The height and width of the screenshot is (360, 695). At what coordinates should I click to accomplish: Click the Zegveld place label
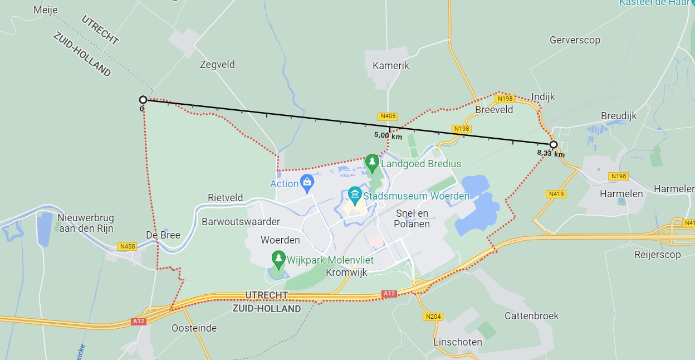coord(217,65)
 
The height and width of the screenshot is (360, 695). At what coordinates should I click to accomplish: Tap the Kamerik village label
coord(390,66)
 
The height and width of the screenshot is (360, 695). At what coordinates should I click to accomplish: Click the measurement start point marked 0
coord(143,100)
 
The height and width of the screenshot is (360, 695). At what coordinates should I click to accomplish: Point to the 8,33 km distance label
coord(551,154)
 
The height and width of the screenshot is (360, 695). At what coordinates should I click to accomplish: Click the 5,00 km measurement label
coord(388,135)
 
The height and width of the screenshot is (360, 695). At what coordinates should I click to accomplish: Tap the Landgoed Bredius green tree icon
coord(372,163)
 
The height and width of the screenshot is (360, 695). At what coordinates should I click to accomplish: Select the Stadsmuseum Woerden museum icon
coord(354,194)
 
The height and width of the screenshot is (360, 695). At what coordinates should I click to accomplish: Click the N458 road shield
coord(127,246)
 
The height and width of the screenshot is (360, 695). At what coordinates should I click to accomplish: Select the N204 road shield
coord(433,317)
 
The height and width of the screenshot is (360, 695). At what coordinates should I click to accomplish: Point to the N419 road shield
coord(556,194)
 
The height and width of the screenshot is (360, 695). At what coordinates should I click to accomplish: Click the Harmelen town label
coord(621,194)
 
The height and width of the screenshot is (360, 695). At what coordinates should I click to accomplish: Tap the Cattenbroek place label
coord(531,316)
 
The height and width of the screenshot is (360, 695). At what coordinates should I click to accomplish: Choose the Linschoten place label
coord(458,342)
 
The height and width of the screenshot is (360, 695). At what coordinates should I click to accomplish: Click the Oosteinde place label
coord(194,328)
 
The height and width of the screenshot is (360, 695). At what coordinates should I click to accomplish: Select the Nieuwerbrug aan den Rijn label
coord(85,222)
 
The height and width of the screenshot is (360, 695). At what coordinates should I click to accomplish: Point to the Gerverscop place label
coord(575,40)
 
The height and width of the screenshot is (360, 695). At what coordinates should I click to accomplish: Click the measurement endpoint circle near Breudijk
coord(554,144)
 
